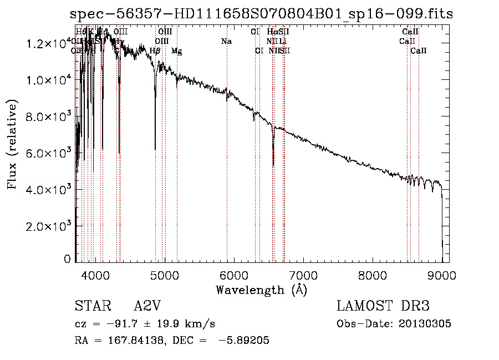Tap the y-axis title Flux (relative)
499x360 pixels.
(13, 144)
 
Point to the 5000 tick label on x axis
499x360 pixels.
(164, 275)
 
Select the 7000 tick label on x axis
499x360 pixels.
(303, 275)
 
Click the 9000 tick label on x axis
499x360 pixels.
(442, 275)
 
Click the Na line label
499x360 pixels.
(226, 42)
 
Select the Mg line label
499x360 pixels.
(176, 51)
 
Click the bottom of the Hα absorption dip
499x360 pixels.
(273, 165)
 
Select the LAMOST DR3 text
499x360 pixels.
(383, 307)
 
